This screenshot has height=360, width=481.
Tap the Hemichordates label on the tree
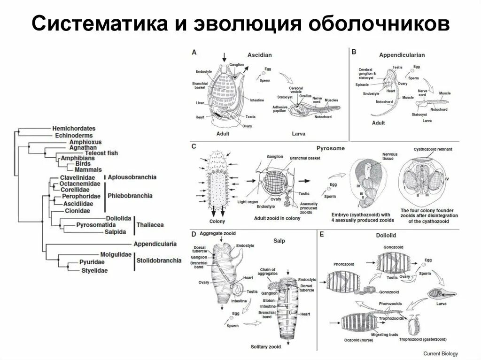[74, 128]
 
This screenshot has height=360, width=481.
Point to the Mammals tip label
[88, 169]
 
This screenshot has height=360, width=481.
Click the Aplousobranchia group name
[132, 177]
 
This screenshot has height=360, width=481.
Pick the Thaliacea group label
[150, 225]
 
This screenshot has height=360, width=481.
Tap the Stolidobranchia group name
[158, 260]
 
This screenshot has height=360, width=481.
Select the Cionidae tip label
[78, 211]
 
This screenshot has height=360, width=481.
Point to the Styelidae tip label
[94, 271]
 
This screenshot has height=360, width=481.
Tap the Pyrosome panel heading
[331, 148]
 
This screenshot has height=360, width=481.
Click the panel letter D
[194, 234]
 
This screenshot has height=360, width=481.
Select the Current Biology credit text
[440, 353]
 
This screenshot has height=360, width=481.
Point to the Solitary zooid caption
[265, 347]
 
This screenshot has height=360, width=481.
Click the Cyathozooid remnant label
[433, 149]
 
